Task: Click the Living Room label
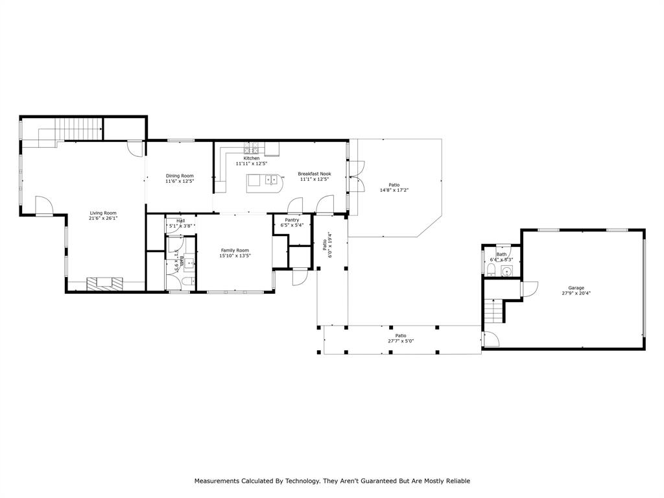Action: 102,213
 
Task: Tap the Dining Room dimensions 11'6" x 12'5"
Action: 180,182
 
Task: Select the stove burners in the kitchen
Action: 251,147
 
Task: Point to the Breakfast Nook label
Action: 314,173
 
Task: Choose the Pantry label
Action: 292,220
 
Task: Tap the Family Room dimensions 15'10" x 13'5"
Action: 235,256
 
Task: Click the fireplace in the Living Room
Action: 105,283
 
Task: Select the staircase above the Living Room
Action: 78,129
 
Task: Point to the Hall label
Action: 180,220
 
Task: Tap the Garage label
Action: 576,287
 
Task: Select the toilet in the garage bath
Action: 491,270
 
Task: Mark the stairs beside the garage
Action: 495,311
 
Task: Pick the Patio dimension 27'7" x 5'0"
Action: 401,341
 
